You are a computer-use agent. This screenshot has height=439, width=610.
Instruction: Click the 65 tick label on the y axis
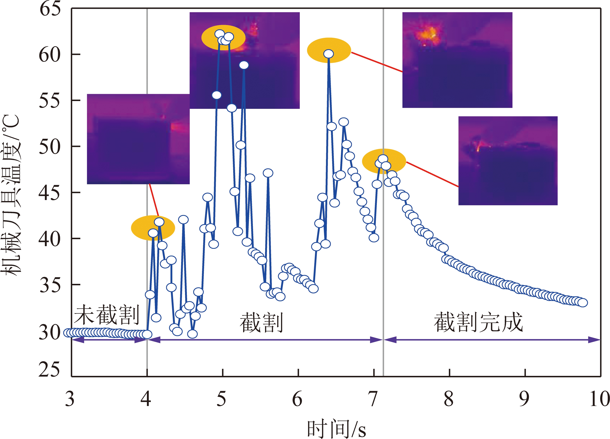50,9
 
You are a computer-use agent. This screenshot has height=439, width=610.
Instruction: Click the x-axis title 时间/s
336,429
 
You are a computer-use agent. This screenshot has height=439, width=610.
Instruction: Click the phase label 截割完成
478,322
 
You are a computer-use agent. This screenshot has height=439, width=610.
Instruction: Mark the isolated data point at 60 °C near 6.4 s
329,54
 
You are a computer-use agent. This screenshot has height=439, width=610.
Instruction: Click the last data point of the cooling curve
583,303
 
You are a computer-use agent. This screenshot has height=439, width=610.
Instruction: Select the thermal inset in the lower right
508,161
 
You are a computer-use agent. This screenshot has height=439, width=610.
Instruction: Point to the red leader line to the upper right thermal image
377,62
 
